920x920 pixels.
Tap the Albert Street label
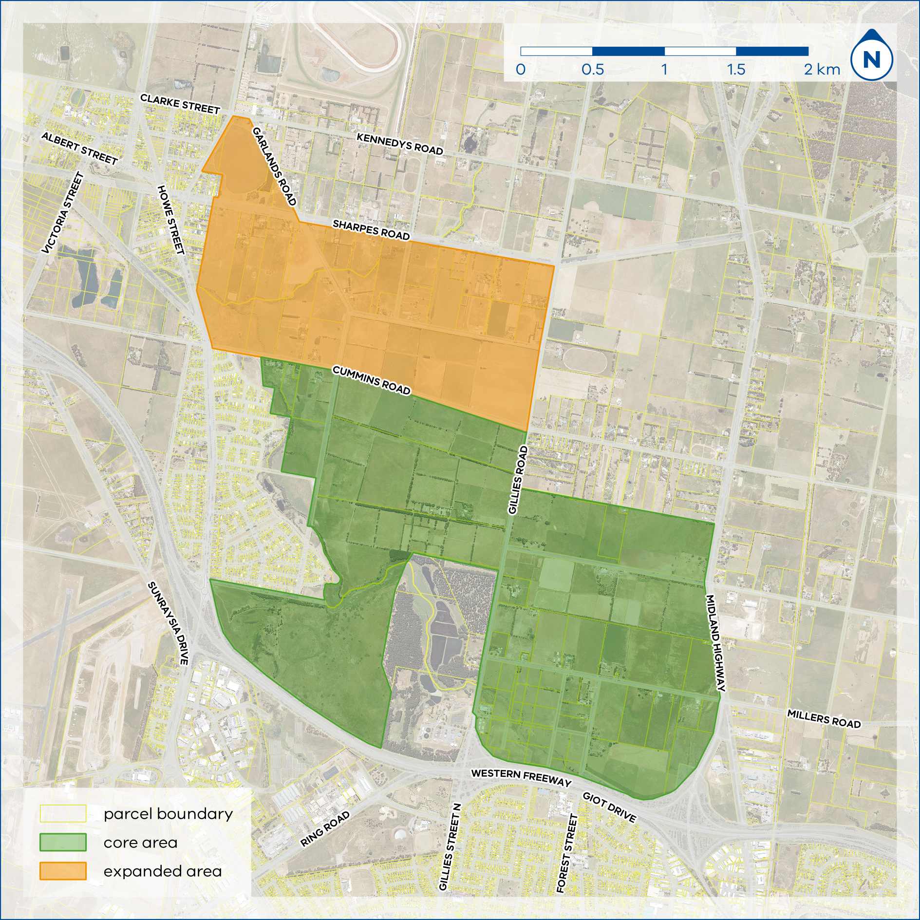point(79,149)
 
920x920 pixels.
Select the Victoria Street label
point(63,213)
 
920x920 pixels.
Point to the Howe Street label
point(171,220)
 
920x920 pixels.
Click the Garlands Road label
point(274,167)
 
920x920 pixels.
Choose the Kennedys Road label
point(399,144)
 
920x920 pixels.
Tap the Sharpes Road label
point(371,230)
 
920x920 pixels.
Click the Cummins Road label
point(371,380)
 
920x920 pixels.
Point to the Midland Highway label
point(715,643)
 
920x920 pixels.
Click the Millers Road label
point(824,719)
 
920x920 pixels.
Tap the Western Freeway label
point(521,777)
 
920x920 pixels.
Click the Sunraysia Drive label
point(168,623)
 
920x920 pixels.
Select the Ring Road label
point(324,829)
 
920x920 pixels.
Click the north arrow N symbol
point(871,59)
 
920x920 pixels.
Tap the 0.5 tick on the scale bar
point(592,69)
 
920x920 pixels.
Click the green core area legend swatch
point(63,842)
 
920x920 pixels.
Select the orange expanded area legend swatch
point(63,871)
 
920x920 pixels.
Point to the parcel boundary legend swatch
point(63,813)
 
